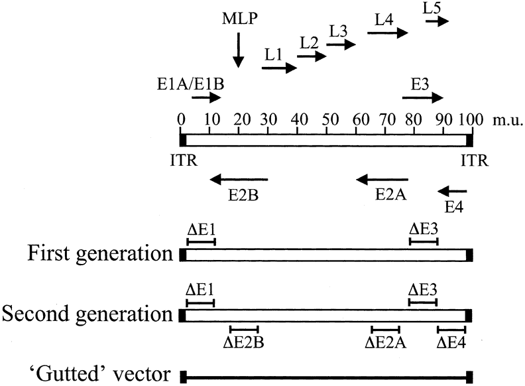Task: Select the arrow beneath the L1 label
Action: coord(279,68)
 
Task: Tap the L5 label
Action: coord(432,7)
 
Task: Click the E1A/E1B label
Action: coord(184,84)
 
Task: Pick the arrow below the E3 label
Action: coord(422,98)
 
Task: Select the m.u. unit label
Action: coord(508,121)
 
